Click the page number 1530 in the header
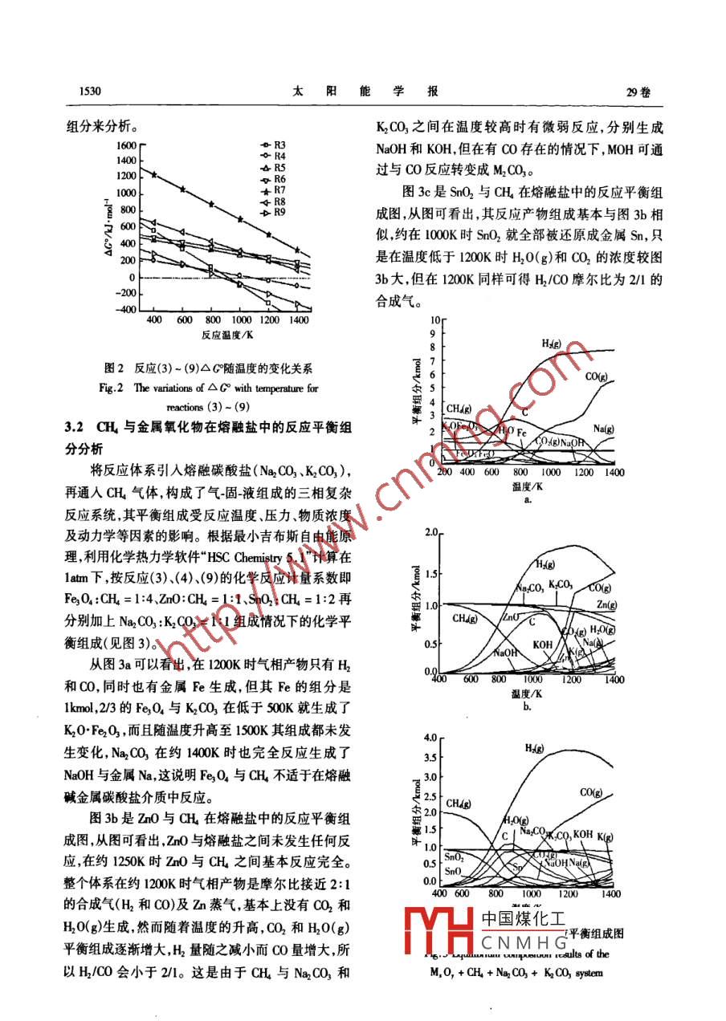pyautogui.click(x=85, y=92)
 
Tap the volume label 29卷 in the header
pyautogui.click(x=638, y=92)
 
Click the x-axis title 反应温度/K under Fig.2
pyautogui.click(x=228, y=335)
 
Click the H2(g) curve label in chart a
pyautogui.click(x=551, y=344)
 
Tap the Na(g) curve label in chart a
pyautogui.click(x=605, y=428)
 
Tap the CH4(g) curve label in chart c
pyautogui.click(x=458, y=803)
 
